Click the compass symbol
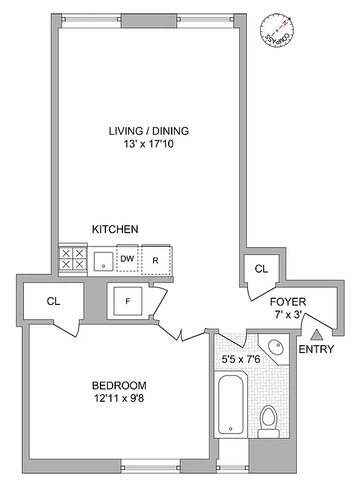(277, 30)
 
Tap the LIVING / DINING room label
(149, 131)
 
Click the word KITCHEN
(115, 229)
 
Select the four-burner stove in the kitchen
(72, 259)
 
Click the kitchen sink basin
(103, 260)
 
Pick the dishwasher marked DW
(127, 259)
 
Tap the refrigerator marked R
(156, 260)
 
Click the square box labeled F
(127, 300)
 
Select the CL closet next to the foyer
(261, 268)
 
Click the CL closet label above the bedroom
(54, 301)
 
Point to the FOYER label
(289, 302)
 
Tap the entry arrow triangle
(317, 334)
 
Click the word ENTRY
(317, 349)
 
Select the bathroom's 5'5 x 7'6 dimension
(242, 359)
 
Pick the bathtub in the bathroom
(231, 404)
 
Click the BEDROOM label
(119, 385)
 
